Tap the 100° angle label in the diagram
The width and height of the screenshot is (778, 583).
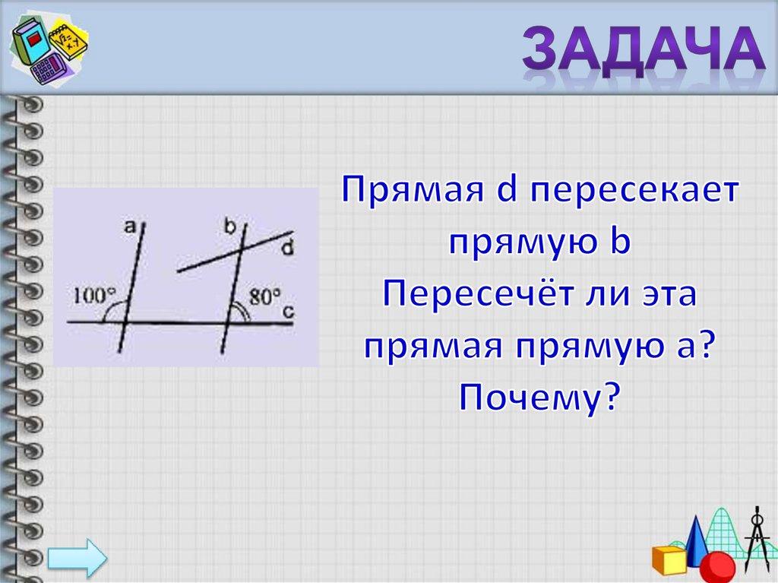93,294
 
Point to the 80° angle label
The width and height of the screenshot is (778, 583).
265,296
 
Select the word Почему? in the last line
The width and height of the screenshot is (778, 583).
539,396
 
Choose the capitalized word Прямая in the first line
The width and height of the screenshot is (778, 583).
408,190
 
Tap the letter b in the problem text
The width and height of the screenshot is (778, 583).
620,242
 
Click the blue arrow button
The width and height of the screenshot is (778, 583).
78,559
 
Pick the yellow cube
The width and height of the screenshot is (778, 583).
669,559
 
